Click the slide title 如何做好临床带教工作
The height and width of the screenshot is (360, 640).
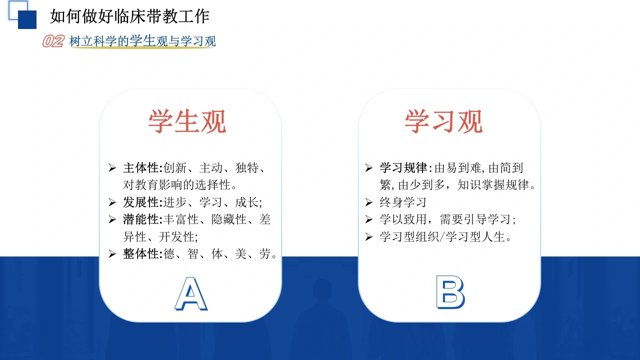pos(130,16)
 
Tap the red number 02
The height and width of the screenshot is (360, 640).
pos(53,41)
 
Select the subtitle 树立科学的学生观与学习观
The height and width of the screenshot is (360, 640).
pos(142,41)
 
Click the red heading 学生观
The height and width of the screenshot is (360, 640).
pos(187,121)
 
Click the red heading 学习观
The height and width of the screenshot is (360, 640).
pos(443,121)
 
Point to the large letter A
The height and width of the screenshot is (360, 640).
pos(191,293)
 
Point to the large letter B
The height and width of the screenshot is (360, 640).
pos(450,292)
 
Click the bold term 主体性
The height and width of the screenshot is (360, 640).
pos(141,167)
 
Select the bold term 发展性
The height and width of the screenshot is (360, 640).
pos(141,202)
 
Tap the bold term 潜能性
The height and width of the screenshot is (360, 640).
pos(141,219)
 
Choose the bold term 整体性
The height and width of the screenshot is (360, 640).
pos(141,253)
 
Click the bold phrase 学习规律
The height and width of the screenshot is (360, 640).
pos(403,167)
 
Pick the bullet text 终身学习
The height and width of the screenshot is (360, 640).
pos(403,202)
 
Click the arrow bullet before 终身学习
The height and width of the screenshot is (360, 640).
pos(369,202)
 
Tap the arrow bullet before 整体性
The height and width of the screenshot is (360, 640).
pos(112,253)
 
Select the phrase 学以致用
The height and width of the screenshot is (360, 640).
pos(403,219)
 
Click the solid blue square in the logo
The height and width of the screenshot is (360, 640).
pos(27,19)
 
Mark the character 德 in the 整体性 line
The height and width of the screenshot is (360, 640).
pos(169,253)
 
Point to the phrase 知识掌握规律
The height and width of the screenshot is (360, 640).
pos(493,185)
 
